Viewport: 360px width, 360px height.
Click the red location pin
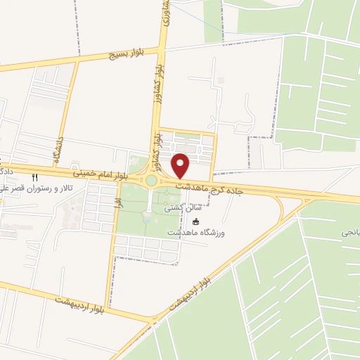point(181,165)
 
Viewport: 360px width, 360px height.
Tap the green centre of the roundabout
point(151,181)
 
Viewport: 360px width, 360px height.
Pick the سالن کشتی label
point(179,208)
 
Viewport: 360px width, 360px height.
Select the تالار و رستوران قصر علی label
point(30,188)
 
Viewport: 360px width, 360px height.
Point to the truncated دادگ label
point(4,171)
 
